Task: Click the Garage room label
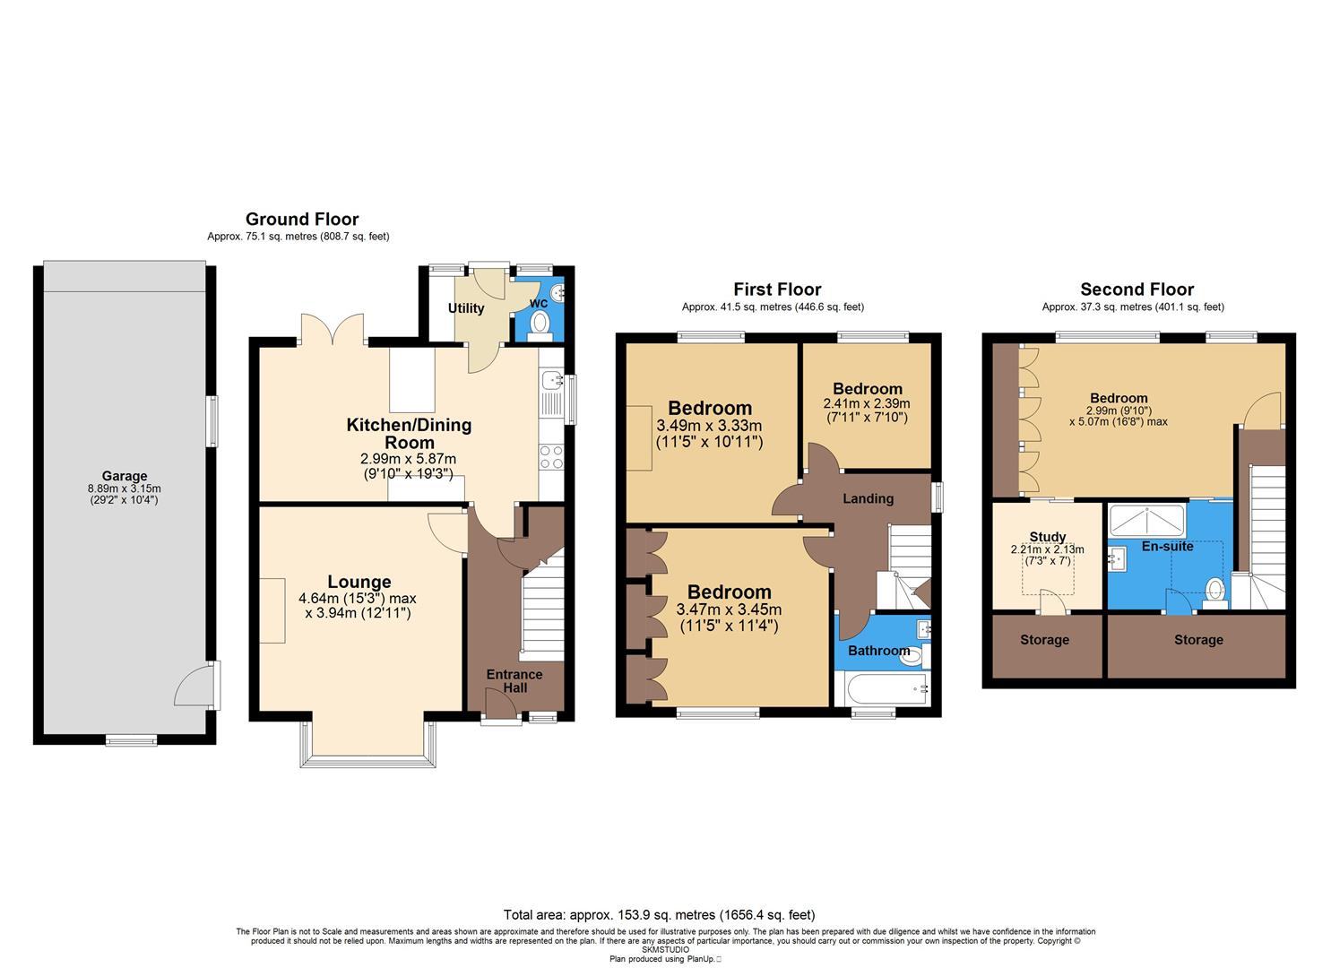point(124,476)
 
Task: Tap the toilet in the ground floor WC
point(539,328)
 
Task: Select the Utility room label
point(466,308)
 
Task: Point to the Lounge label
point(359,582)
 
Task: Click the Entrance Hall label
point(514,681)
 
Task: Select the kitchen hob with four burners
point(551,457)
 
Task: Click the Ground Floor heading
point(302,219)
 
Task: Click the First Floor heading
point(777,289)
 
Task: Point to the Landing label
point(868,498)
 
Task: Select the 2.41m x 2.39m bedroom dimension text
point(867,404)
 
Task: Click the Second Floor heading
point(1137,289)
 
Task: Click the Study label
point(1047,537)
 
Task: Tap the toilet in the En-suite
point(1215,592)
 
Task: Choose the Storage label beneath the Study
point(1044,640)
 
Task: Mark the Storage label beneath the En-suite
point(1198,640)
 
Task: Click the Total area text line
point(659,915)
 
